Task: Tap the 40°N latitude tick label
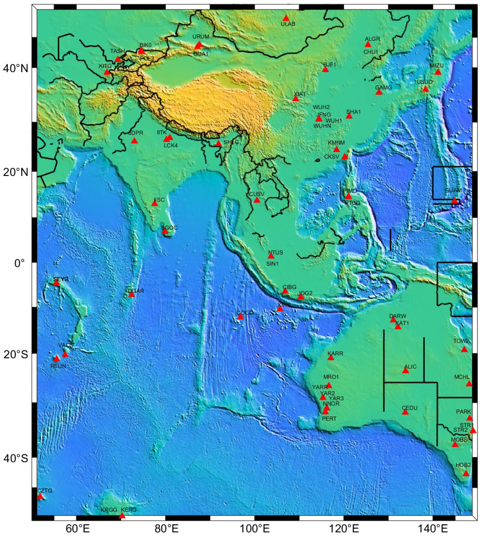click(x=16, y=69)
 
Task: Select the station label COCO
click(x=245, y=313)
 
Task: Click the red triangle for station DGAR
click(x=131, y=295)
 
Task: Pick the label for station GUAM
click(x=453, y=190)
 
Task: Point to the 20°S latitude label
click(x=16, y=354)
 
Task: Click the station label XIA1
click(x=300, y=94)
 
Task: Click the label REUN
click(x=58, y=366)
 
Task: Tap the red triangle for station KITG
click(x=107, y=72)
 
